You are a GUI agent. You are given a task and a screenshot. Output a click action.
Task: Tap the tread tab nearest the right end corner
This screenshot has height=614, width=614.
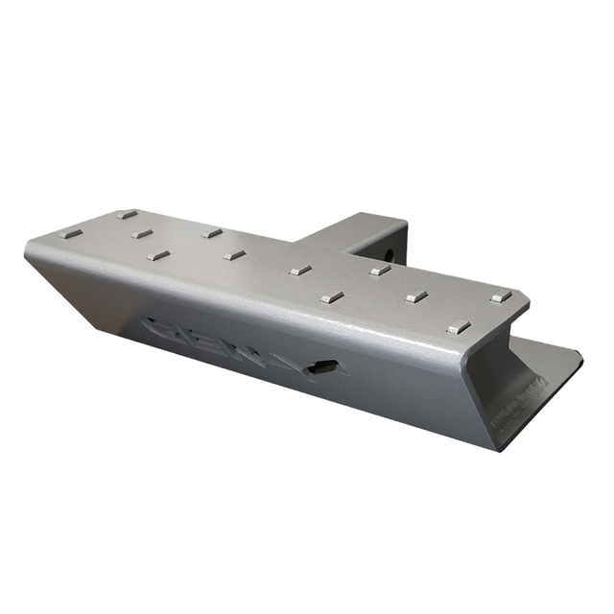(499, 298)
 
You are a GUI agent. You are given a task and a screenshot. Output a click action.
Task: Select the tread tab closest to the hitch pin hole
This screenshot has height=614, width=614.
(380, 271)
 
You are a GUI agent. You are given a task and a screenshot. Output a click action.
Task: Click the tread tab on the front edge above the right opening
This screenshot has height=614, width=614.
(459, 327)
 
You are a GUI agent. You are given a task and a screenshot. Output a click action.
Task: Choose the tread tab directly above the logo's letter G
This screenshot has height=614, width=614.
(158, 255)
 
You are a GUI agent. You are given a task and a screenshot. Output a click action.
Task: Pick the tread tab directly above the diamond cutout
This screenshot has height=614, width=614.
(332, 297)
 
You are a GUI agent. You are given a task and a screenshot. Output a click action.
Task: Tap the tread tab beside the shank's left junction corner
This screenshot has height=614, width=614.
(301, 272)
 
